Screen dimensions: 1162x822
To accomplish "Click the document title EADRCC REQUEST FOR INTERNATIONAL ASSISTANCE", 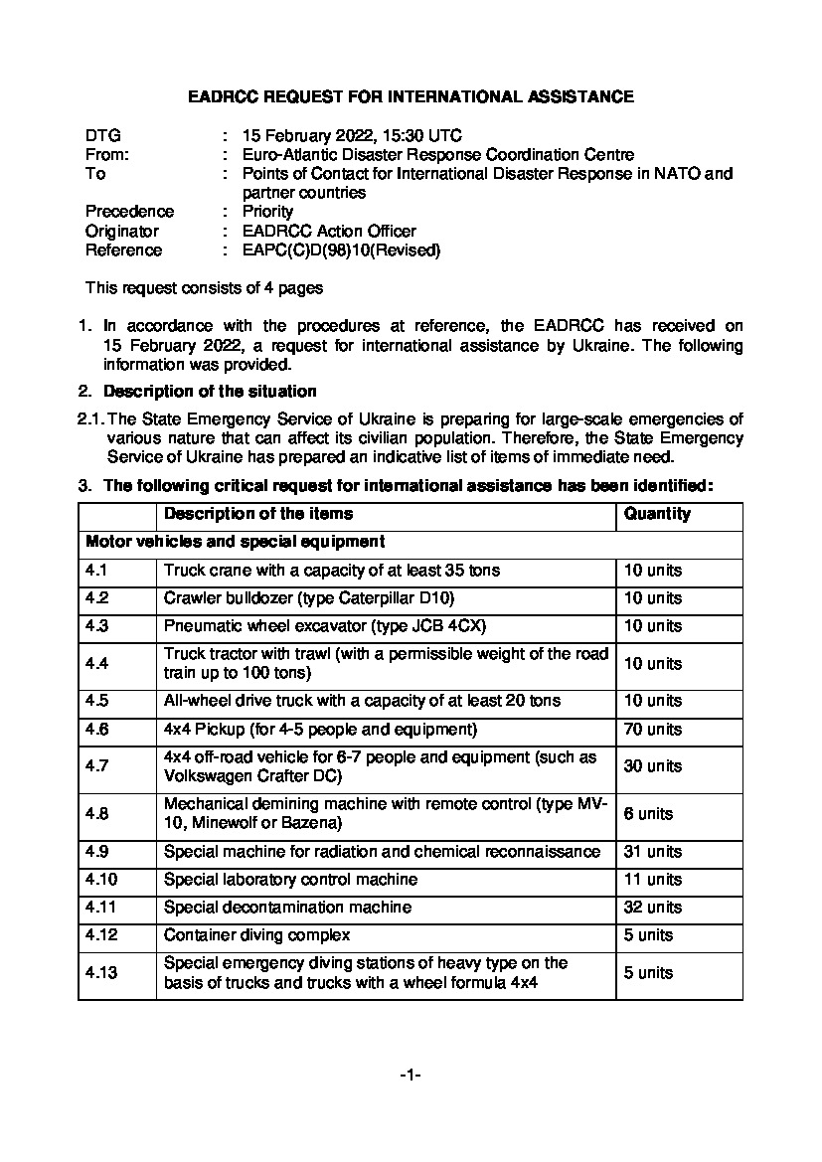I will click(411, 97).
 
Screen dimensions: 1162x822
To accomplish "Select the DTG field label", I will click(103, 135).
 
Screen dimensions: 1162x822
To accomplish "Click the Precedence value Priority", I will click(268, 212).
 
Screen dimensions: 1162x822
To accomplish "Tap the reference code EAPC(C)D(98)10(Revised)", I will click(341, 250).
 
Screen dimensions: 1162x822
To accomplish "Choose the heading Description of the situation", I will click(210, 391).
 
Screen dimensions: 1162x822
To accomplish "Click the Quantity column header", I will click(657, 514).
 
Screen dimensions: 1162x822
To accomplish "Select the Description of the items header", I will click(258, 514).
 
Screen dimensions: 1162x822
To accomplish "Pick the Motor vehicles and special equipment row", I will click(236, 543).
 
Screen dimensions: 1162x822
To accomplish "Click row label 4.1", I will click(97, 571).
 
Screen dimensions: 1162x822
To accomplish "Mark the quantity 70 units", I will click(653, 730).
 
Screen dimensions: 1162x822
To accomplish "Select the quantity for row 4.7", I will click(653, 766).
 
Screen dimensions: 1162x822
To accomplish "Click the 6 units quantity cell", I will click(648, 814).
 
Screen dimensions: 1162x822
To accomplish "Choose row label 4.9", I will click(97, 852).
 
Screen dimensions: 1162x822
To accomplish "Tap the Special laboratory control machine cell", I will click(290, 880).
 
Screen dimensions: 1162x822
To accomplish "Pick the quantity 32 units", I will click(653, 908).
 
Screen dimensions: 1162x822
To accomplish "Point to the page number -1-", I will click(411, 1076).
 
